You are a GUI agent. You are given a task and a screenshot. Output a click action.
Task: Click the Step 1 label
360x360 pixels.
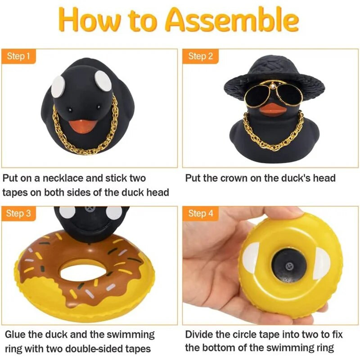(x=18, y=56)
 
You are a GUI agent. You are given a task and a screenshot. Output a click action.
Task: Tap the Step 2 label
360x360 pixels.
(x=200, y=56)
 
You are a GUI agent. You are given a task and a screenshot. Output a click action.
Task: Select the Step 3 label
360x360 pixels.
(x=18, y=213)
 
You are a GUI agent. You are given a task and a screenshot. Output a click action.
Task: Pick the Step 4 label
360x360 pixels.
(x=200, y=213)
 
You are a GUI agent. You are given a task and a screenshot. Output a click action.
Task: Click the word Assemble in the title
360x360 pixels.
(x=232, y=20)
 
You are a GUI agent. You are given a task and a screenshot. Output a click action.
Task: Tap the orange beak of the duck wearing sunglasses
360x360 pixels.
(x=272, y=109)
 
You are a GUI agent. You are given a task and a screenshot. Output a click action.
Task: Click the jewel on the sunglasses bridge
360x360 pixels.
(x=273, y=86)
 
